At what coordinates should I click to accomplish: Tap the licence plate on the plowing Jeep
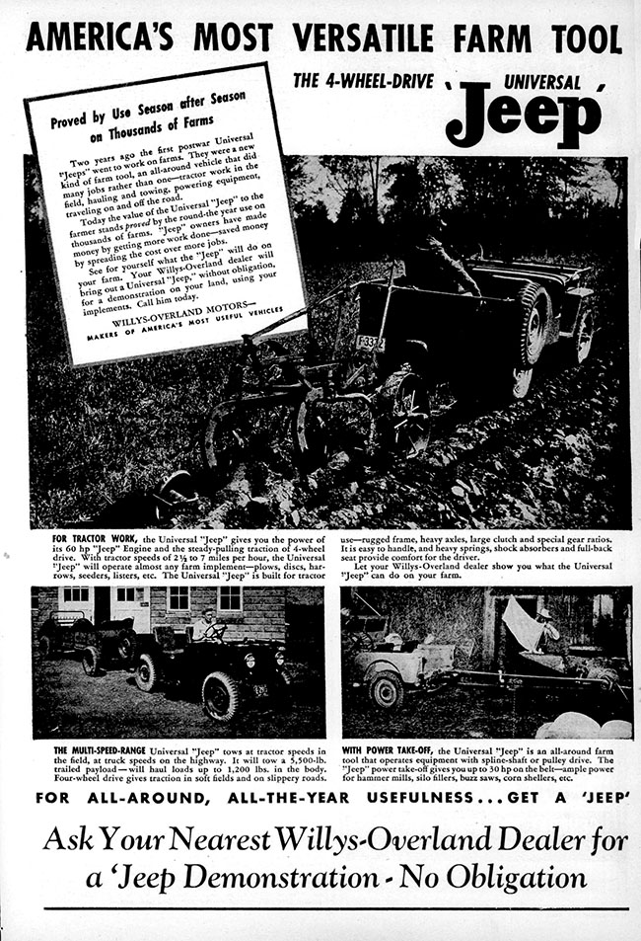(x=371, y=344)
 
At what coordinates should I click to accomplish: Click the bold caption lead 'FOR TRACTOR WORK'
(x=95, y=541)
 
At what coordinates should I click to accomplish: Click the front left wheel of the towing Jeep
(x=219, y=694)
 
